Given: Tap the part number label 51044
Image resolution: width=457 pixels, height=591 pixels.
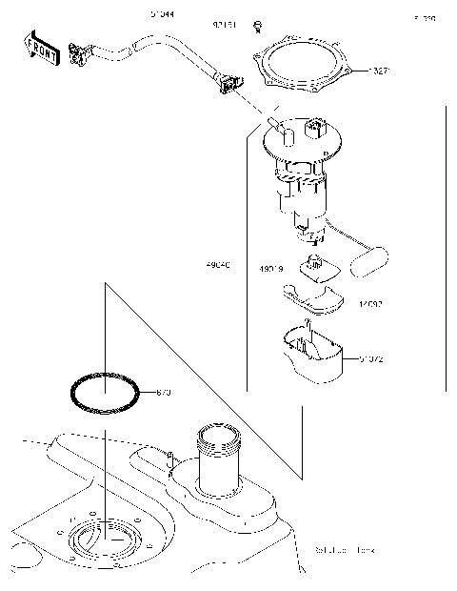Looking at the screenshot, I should tap(162, 15).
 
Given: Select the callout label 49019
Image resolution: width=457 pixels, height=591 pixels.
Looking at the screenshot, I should tap(273, 270).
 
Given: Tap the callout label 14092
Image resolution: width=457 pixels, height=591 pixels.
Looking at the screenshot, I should tap(370, 305).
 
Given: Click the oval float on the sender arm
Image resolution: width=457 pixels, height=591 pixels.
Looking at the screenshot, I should tap(371, 261).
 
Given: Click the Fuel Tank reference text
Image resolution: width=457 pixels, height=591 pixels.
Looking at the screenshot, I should tap(345, 551).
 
